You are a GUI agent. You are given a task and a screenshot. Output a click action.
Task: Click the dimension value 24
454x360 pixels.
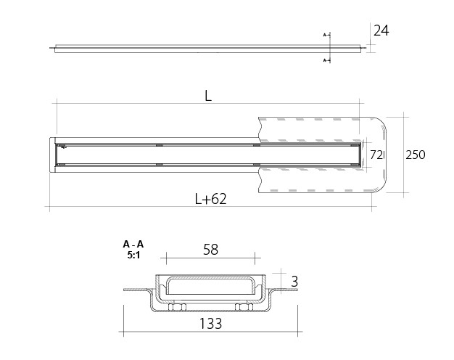tap(381, 30)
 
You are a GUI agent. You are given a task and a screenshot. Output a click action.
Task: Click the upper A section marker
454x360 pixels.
tap(325, 35)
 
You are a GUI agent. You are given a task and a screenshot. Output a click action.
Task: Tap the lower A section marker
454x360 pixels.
tap(325, 60)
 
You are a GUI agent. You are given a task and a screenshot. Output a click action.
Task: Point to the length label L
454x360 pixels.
tap(208, 96)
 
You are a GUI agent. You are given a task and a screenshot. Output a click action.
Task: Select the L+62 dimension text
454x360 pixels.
tap(210, 199)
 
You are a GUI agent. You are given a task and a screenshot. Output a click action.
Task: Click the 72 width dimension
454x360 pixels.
tap(376, 155)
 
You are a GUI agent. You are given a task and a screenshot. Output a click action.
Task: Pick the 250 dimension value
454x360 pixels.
tap(416, 155)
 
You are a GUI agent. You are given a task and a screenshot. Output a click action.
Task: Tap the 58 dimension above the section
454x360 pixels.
tap(210, 250)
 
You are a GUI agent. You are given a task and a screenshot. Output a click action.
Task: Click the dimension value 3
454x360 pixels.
tap(294, 282)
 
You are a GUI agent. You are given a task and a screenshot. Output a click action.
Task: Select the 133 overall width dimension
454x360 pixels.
tap(211, 324)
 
